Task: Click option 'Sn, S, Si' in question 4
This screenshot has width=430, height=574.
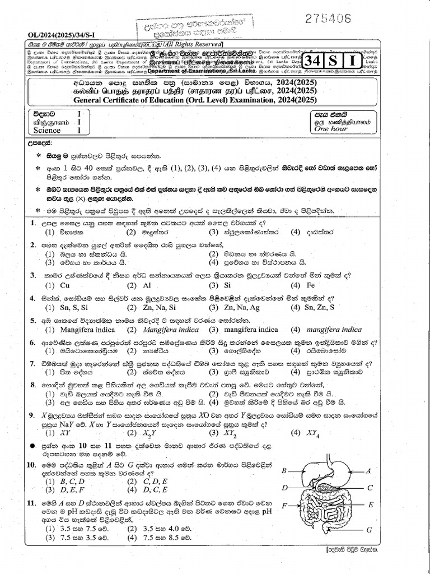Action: (x=73, y=307)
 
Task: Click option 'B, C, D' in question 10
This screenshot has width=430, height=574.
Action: (x=71, y=481)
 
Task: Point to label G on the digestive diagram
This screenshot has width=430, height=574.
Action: (x=369, y=529)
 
